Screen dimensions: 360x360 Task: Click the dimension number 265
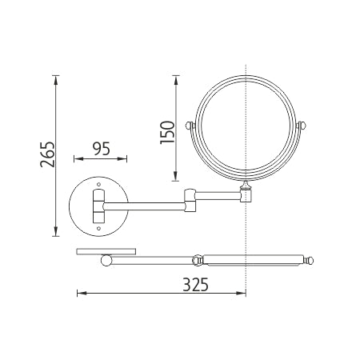click(x=47, y=154)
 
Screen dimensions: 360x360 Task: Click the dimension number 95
click(x=102, y=149)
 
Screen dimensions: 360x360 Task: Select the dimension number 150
click(x=167, y=132)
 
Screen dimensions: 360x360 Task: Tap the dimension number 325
click(x=195, y=285)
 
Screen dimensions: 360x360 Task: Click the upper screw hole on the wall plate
click(x=98, y=184)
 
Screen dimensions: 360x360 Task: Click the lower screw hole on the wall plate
click(x=98, y=228)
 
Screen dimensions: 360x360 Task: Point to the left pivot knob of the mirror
click(x=189, y=125)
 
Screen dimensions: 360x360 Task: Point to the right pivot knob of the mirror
click(x=302, y=125)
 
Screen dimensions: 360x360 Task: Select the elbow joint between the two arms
click(x=190, y=200)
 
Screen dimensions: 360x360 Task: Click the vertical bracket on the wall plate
click(x=98, y=206)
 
